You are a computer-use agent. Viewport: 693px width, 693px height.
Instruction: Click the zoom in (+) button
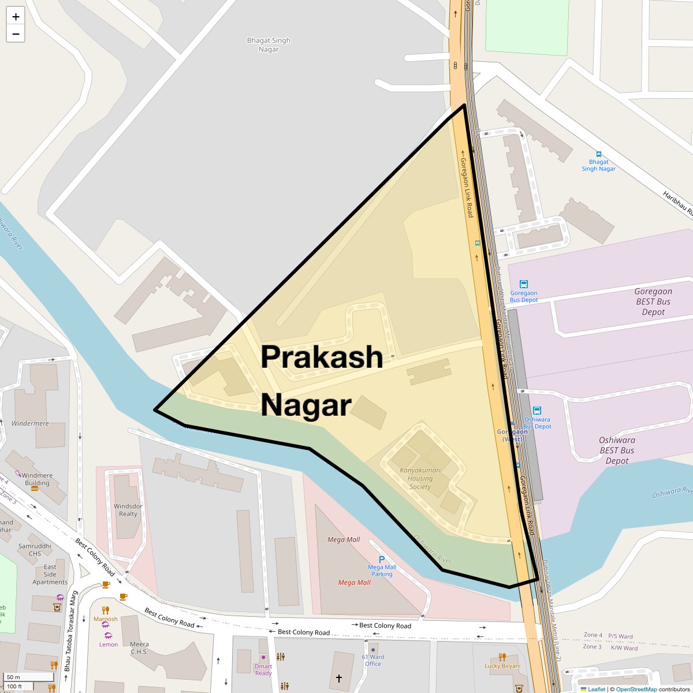pos(16,17)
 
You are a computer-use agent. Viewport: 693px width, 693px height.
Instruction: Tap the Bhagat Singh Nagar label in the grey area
pos(269,44)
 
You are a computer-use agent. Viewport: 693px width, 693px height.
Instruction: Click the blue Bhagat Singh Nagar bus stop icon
pos(598,154)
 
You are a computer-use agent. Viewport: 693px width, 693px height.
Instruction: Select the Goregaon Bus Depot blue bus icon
pos(524,284)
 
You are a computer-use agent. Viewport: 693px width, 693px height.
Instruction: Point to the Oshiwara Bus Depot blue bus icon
pos(537,411)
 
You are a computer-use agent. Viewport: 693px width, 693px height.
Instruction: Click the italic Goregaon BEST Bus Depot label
pos(653,301)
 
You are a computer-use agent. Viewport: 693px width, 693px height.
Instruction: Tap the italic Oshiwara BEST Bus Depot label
pos(617,450)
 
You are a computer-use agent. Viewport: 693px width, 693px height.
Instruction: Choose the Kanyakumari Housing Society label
pos(420,478)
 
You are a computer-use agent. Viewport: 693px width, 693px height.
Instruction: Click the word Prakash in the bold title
pos(322,357)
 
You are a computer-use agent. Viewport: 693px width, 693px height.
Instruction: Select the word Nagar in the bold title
pos(306,405)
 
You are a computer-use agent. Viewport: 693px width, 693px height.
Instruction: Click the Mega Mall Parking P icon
pos(382,559)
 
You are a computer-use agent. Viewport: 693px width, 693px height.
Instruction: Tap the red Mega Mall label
pos(354,582)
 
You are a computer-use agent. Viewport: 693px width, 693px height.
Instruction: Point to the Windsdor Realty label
pos(128,510)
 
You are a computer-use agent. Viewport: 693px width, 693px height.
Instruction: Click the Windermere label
pos(30,423)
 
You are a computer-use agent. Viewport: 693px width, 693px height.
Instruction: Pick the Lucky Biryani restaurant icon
pos(502,657)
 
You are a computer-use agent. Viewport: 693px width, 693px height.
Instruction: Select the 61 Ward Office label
pos(373,660)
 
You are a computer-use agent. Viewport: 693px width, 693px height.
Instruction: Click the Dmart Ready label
pos(263,670)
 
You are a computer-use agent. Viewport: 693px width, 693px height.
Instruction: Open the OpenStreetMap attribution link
pos(636,689)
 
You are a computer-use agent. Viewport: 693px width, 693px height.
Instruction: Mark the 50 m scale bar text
pos(14,677)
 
